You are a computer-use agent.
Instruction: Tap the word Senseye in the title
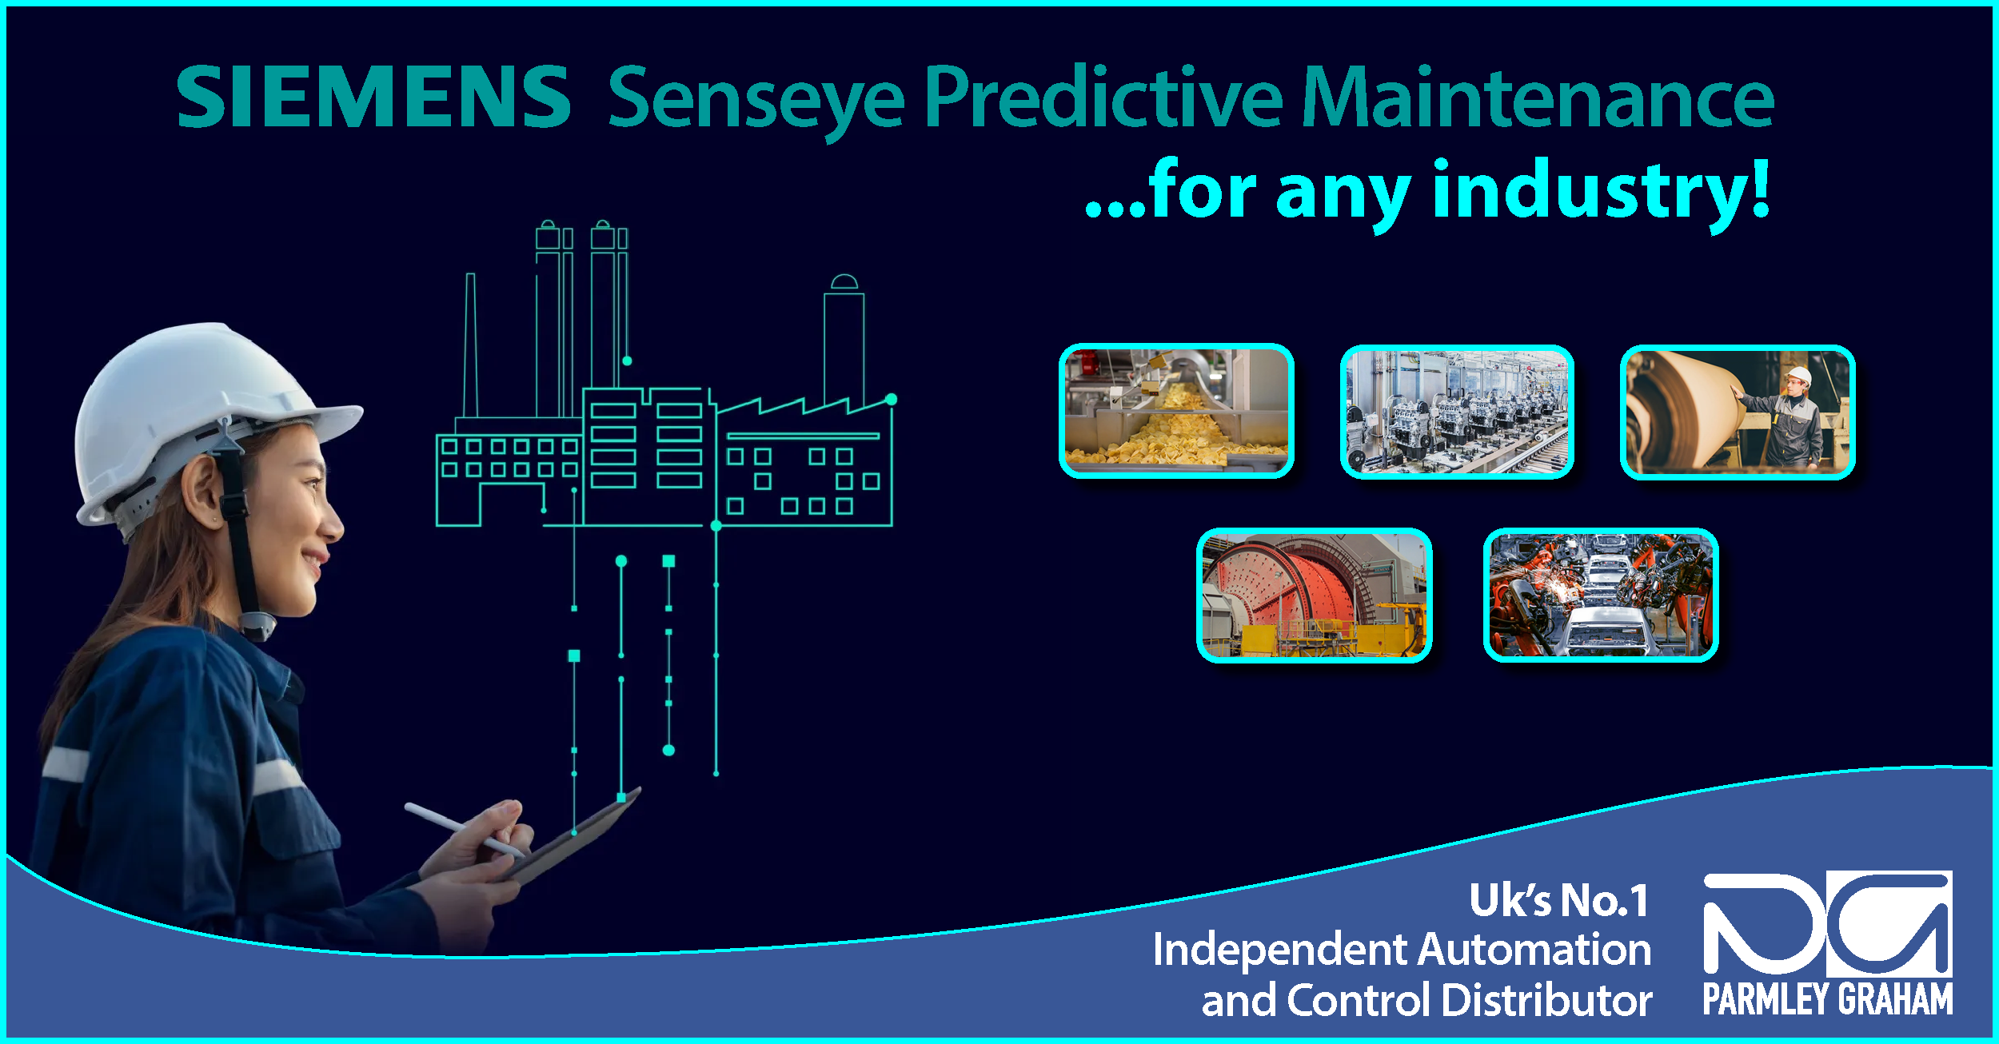(756, 100)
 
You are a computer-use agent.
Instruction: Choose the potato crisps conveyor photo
(1176, 411)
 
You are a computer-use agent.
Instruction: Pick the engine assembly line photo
(1457, 412)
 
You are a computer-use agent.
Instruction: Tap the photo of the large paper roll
(1738, 412)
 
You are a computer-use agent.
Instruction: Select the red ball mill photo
(1314, 596)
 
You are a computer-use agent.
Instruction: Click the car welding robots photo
(1600, 596)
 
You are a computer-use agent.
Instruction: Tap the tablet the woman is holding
(576, 839)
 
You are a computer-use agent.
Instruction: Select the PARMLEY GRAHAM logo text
(1827, 999)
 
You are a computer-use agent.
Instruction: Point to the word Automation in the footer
(1534, 950)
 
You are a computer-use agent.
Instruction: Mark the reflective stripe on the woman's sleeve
(64, 763)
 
